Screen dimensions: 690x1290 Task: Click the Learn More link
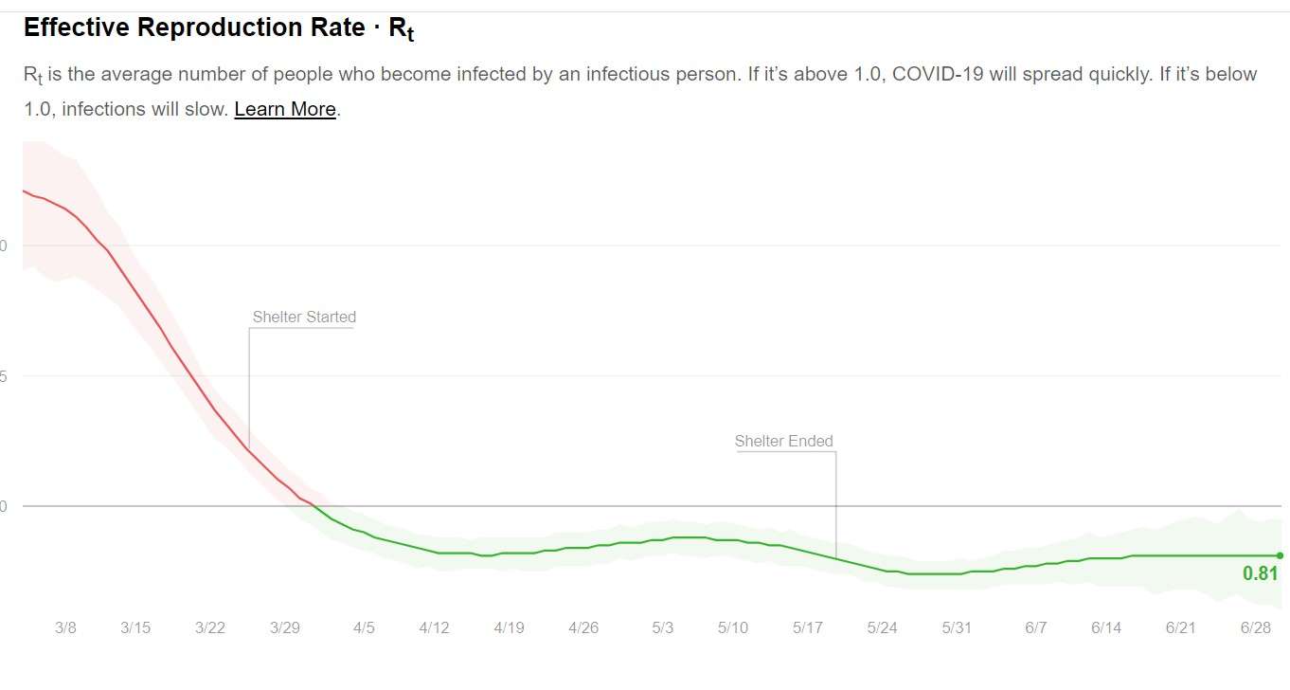pyautogui.click(x=285, y=109)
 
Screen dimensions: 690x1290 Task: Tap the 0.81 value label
pyautogui.click(x=1260, y=573)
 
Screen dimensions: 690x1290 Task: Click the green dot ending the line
pyautogui.click(x=1280, y=555)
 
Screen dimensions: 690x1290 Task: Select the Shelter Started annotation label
pyautogui.click(x=304, y=317)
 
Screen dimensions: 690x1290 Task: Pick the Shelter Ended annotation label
pyautogui.click(x=784, y=441)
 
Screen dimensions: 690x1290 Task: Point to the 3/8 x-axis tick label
pyautogui.click(x=65, y=627)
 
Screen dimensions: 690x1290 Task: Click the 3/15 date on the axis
pyautogui.click(x=135, y=627)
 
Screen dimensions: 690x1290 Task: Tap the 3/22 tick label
pyautogui.click(x=210, y=627)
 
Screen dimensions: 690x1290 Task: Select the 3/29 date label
pyautogui.click(x=285, y=627)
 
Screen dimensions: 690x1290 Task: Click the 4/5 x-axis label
pyautogui.click(x=364, y=627)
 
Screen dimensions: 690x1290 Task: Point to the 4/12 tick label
pyautogui.click(x=434, y=627)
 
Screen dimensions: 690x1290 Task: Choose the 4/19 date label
pyautogui.click(x=509, y=627)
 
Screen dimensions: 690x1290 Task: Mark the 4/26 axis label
pyautogui.click(x=583, y=627)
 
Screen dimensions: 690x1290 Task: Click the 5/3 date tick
pyautogui.click(x=663, y=627)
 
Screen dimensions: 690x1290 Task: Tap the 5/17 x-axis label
pyautogui.click(x=808, y=627)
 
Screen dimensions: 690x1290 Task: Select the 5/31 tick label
pyautogui.click(x=957, y=627)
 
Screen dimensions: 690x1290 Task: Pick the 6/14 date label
pyautogui.click(x=1106, y=627)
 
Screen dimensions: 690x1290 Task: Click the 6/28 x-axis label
pyautogui.click(x=1256, y=627)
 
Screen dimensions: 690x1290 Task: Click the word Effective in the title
pyautogui.click(x=77, y=27)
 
